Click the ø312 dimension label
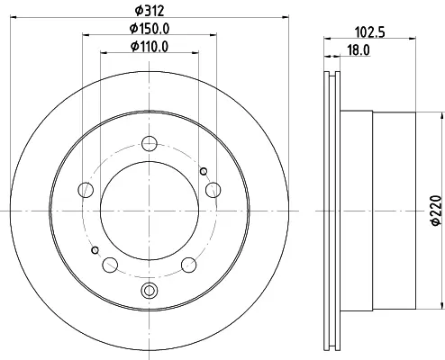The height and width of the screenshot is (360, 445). [x=150, y=11]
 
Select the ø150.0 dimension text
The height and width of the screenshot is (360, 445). [x=150, y=29]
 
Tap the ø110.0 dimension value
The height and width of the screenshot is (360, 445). [x=150, y=47]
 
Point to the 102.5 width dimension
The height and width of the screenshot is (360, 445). [x=370, y=32]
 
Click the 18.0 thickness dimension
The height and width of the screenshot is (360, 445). [x=359, y=50]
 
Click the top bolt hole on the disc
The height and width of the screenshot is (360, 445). [x=150, y=143]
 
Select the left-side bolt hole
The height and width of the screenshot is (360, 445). [x=86, y=190]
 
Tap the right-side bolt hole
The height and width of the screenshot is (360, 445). [x=213, y=190]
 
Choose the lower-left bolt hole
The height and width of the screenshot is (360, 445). [x=110, y=265]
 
